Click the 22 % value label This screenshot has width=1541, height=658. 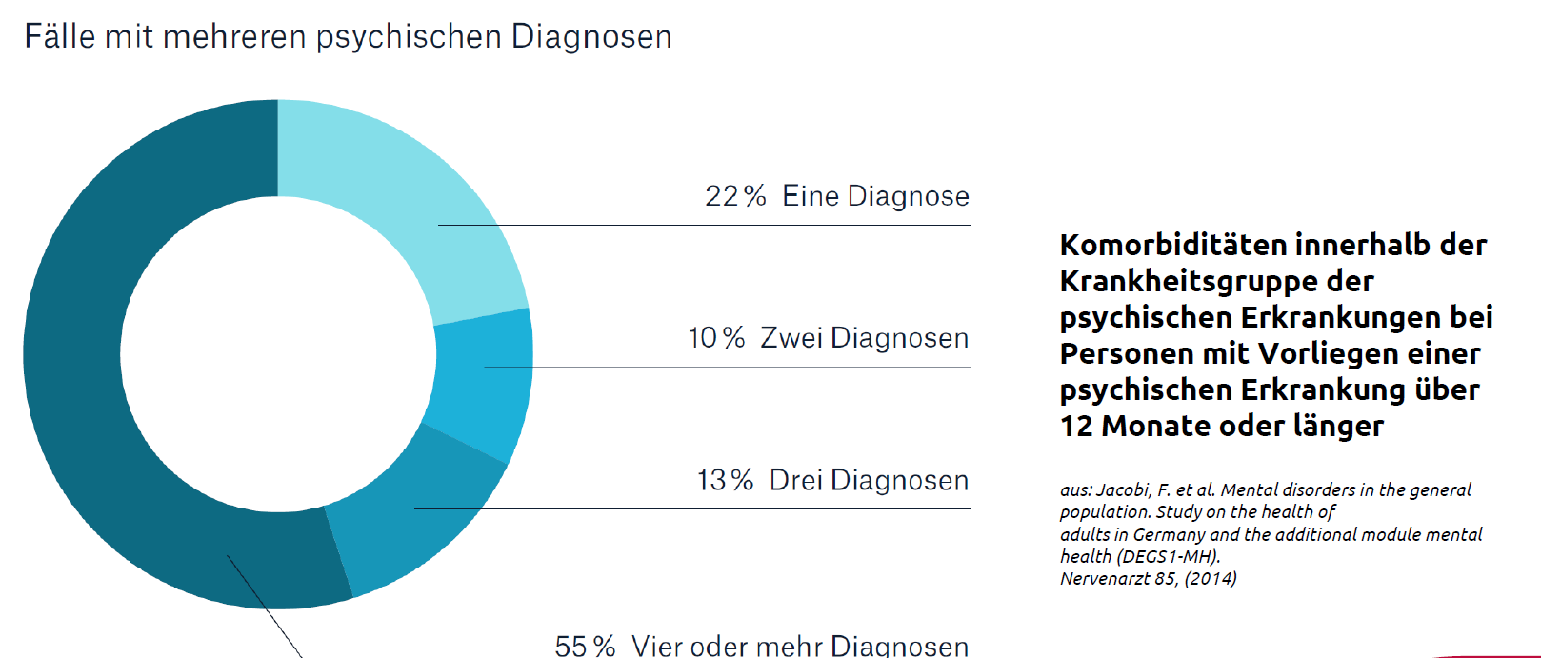click(x=735, y=196)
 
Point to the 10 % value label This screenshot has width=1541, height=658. click(x=716, y=338)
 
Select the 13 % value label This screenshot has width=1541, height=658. click(x=725, y=480)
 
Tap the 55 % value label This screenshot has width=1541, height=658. click(x=585, y=646)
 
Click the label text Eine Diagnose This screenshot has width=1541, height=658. click(x=875, y=196)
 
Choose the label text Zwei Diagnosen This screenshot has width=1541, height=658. click(x=864, y=338)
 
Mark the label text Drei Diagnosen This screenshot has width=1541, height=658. click(x=869, y=480)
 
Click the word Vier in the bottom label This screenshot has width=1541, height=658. click(x=657, y=646)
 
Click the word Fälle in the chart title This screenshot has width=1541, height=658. click(x=60, y=36)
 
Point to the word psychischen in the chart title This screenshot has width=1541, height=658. click(x=409, y=36)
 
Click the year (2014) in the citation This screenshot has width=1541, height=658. click(x=1211, y=578)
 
